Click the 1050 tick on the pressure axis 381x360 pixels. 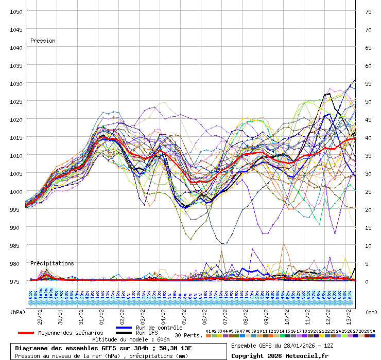[x=15, y=11]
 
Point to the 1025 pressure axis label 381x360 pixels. [x=15, y=101]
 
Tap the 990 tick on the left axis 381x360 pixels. [x=15, y=227]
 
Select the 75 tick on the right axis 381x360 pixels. [x=368, y=11]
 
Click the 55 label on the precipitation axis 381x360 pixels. [x=368, y=83]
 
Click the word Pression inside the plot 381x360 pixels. [x=43, y=41]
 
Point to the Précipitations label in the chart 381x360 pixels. [x=52, y=263]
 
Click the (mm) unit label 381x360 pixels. [x=371, y=312]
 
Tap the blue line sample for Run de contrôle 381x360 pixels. [x=124, y=328]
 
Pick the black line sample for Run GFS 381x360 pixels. [x=124, y=333]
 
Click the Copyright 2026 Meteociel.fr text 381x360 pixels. [x=280, y=355]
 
